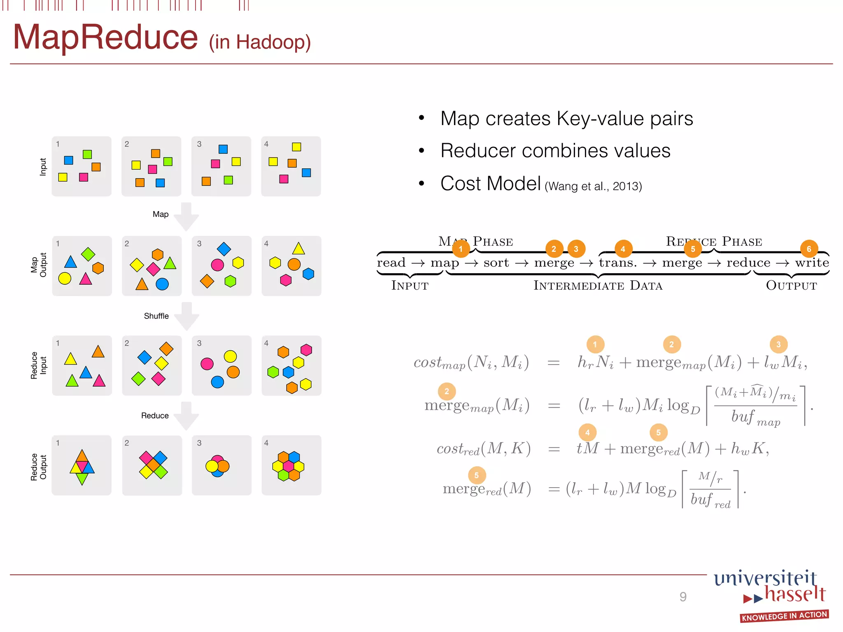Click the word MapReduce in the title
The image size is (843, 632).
click(105, 38)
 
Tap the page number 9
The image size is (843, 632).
click(683, 597)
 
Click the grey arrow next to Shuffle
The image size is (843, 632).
click(186, 316)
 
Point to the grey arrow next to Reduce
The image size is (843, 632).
click(186, 416)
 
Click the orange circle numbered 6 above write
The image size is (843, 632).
click(809, 249)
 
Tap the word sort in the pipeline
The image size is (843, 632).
click(496, 263)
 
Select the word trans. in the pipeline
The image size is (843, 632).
click(617, 263)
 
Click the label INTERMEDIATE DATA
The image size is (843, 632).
click(598, 286)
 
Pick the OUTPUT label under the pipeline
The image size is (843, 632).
click(791, 286)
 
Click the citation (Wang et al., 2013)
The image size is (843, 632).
click(593, 186)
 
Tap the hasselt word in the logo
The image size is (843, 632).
click(795, 594)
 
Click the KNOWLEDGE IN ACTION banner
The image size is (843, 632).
click(784, 616)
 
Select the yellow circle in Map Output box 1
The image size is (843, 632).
click(65, 279)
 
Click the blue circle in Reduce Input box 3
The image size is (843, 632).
click(217, 382)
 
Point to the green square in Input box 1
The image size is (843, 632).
click(87, 154)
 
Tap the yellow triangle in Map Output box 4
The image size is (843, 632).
click(298, 249)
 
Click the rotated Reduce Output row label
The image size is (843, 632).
click(39, 467)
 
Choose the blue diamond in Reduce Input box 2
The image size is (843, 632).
click(144, 357)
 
